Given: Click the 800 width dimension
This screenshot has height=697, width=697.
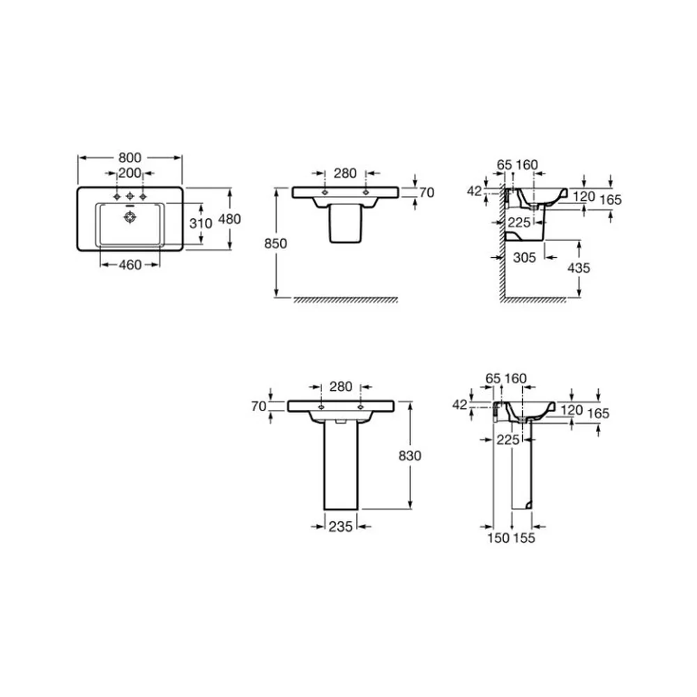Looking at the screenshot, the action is tap(130, 158).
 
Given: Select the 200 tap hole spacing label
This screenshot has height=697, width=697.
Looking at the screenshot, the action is tap(130, 173).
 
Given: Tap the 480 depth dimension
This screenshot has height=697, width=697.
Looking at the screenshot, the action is tap(229, 219).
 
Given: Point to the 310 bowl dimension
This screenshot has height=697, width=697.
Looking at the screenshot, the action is tap(201, 223).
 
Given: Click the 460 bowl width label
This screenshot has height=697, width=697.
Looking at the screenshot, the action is tap(130, 265).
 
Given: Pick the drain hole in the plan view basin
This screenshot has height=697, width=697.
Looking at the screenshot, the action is tap(130, 217).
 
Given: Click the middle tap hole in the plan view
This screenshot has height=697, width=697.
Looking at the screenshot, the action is tap(130, 196).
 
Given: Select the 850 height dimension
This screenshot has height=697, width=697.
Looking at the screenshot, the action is tap(275, 243).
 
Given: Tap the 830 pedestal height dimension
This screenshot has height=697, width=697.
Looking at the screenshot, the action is tap(410, 456).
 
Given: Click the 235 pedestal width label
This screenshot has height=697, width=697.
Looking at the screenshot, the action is tap(341, 527).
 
